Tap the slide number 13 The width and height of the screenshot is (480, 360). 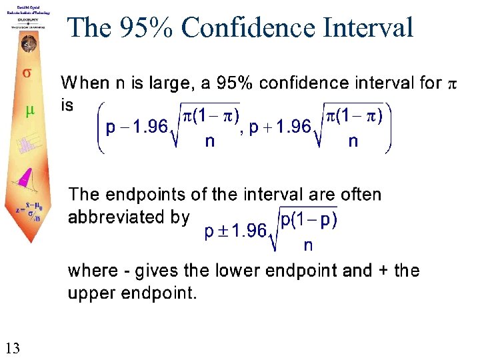pos(13,347)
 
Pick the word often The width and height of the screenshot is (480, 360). pos(359,195)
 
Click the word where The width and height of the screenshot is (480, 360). pos(93,271)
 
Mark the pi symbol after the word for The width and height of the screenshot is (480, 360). pos(451,84)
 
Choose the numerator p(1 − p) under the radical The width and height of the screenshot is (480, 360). pos(309,221)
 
